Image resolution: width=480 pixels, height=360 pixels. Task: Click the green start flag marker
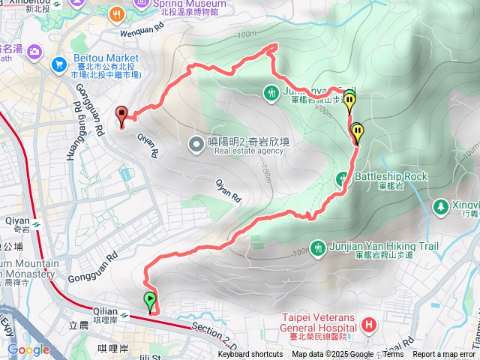pos(151,301)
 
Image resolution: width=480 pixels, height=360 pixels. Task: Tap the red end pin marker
pos(122,115)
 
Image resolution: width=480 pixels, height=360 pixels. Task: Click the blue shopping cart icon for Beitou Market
pos(58,65)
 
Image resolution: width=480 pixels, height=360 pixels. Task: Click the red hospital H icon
pos(369,325)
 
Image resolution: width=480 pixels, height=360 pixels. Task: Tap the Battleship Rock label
pos(389,176)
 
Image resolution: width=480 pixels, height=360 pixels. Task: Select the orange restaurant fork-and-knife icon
pos(117,14)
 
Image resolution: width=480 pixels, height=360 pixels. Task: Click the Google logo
pos(28,349)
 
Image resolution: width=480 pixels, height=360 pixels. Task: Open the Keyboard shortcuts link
pos(250,355)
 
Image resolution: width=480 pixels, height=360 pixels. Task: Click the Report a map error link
pos(443,355)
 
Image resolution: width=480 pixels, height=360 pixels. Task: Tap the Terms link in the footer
pos(393,355)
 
